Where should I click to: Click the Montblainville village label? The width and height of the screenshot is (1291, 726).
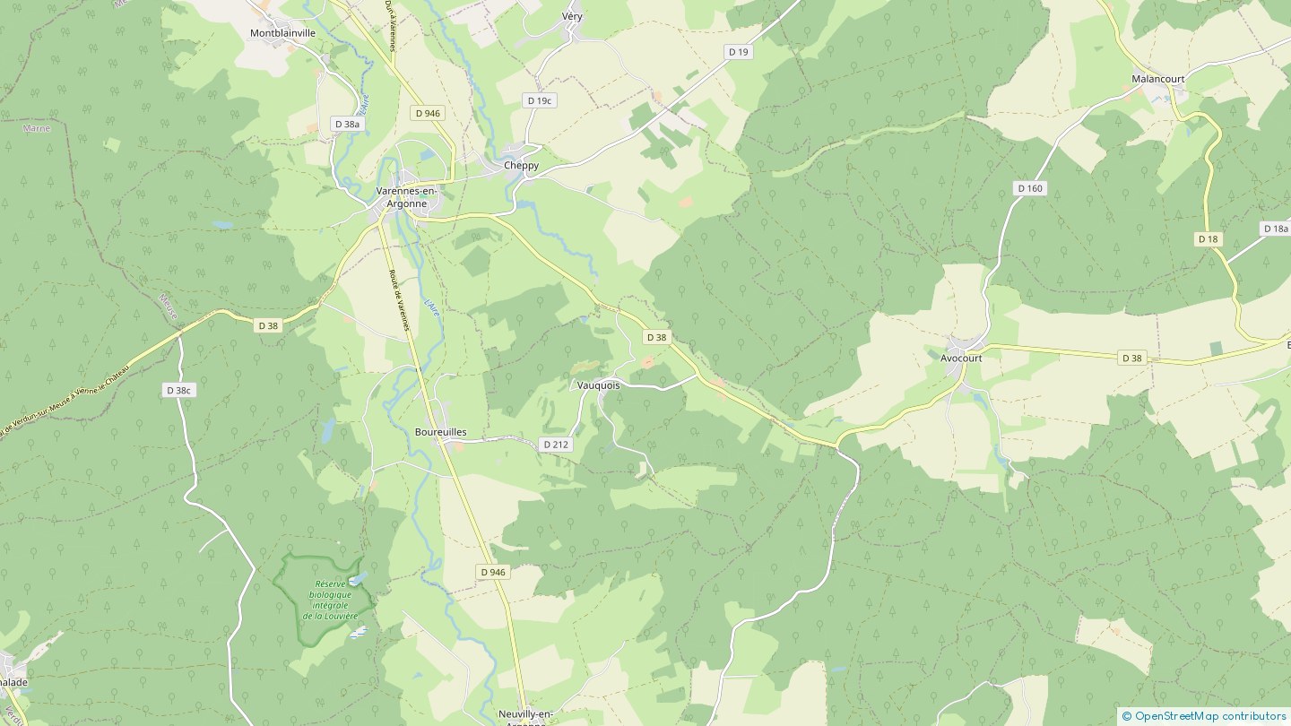coord(282,33)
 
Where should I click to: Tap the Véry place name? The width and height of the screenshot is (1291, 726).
coord(572,17)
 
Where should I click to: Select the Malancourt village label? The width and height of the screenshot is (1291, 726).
coord(1157,79)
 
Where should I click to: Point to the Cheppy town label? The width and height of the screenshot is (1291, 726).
coord(521,166)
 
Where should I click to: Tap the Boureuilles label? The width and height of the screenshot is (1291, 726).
coord(440,432)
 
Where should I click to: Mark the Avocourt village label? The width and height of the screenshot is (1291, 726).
coord(961,358)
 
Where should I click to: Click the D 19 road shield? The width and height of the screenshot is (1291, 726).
coord(738,52)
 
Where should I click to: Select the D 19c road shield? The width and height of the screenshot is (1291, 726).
coord(539,101)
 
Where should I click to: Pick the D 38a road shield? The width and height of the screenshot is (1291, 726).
coord(346,124)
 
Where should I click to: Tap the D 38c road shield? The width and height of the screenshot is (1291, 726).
coord(178,390)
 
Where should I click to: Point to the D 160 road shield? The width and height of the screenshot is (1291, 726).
coord(1030,188)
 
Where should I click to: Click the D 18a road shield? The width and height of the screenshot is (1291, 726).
coord(1275,229)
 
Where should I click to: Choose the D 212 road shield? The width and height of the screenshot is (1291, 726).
coord(556,445)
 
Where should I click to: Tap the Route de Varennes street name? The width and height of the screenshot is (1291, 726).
coord(399,300)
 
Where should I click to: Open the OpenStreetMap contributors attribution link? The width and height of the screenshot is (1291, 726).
coord(1209,715)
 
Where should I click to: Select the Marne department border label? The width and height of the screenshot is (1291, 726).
coord(37,128)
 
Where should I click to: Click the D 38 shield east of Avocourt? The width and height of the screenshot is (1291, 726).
coord(1132,359)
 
